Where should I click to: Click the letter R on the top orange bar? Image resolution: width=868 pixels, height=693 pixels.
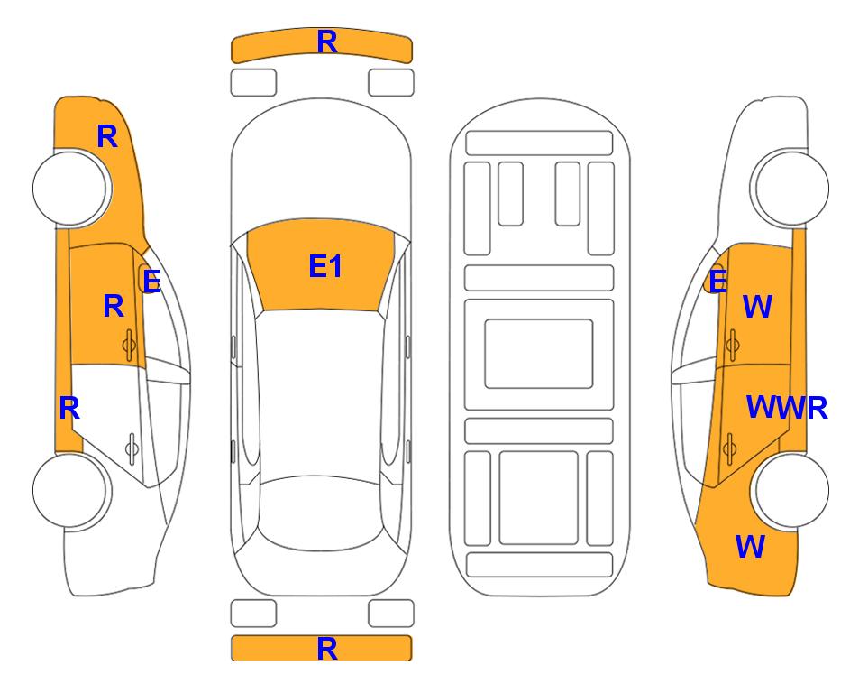(326, 42)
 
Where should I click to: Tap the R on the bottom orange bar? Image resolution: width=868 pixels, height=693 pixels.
(326, 648)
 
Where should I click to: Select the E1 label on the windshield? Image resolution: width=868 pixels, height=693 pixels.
(325, 266)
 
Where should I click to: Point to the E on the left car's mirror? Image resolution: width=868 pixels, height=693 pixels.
(151, 282)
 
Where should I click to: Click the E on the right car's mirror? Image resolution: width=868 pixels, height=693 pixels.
(717, 282)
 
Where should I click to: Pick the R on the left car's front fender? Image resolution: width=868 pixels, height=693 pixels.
(106, 136)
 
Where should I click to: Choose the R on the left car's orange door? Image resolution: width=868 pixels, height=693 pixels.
(113, 306)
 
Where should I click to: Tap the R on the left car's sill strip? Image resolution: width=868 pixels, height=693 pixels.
(69, 408)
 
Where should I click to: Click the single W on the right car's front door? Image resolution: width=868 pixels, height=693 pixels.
(757, 307)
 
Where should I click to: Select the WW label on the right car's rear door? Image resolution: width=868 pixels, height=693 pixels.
(773, 408)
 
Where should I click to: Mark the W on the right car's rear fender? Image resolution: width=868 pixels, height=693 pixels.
(750, 546)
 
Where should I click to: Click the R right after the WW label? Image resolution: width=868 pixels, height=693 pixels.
(817, 408)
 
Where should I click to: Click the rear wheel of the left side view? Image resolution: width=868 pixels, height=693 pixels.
(70, 492)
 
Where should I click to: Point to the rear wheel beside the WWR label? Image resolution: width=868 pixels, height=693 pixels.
(791, 492)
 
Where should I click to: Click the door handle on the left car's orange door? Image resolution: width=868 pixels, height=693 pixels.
(129, 344)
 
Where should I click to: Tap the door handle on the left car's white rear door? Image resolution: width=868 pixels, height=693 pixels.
(132, 447)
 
